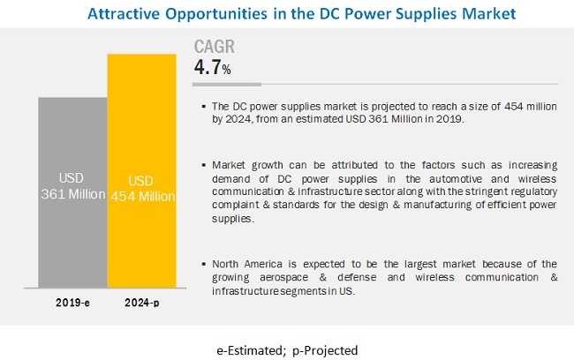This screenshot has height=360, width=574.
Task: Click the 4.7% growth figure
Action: (214, 68)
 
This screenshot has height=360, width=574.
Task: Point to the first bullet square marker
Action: (204, 107)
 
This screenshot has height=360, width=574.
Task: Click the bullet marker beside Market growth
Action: (204, 165)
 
